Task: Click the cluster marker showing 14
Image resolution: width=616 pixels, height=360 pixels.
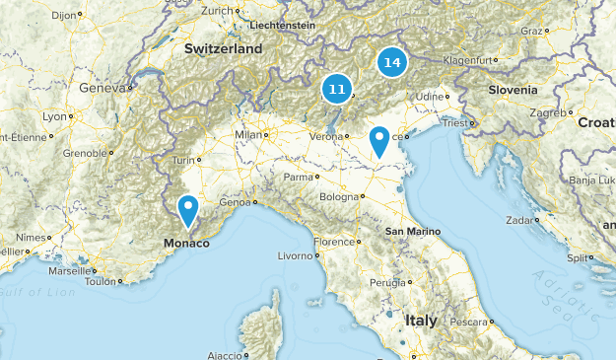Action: (x=392, y=62)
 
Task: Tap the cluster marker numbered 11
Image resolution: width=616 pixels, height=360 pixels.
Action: (x=336, y=90)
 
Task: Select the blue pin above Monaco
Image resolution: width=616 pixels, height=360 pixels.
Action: (x=188, y=209)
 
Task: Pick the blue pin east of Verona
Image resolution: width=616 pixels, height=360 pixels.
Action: (x=378, y=142)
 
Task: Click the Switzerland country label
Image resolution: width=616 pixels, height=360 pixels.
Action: (x=223, y=48)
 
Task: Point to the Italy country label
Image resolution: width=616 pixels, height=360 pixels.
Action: (x=421, y=321)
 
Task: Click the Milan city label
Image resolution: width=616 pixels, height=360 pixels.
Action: (x=250, y=135)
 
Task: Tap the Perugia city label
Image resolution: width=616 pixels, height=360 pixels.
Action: (x=387, y=282)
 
